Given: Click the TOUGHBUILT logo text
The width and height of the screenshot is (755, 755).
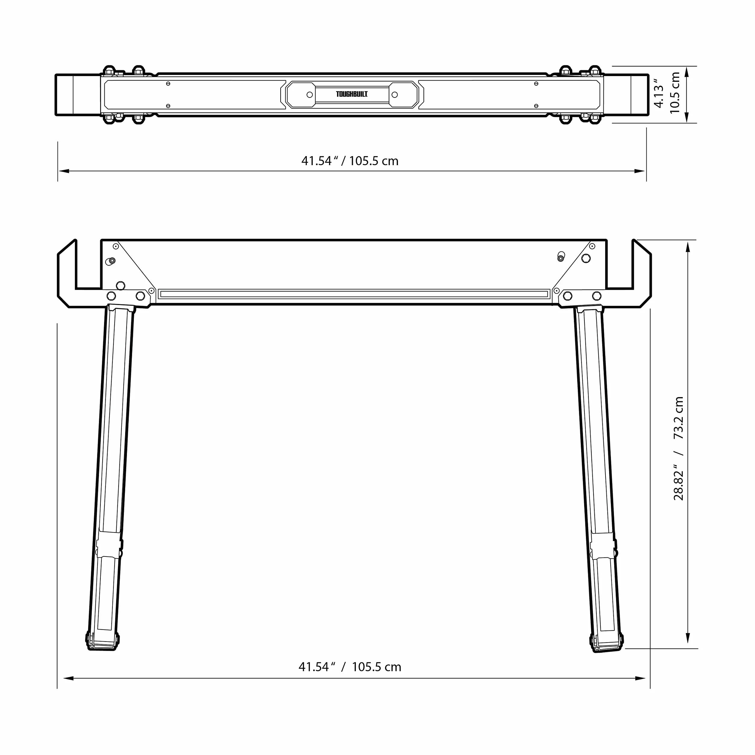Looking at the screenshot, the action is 352,94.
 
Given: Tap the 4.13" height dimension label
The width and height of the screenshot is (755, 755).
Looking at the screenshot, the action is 659,93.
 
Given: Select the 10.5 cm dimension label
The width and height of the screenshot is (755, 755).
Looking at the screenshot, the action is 675,93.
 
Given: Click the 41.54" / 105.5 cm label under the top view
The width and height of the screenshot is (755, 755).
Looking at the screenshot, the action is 350,161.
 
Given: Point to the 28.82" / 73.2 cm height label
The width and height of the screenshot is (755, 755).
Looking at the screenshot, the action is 679,448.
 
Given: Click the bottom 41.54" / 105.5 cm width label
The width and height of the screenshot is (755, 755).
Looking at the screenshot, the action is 350,667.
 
